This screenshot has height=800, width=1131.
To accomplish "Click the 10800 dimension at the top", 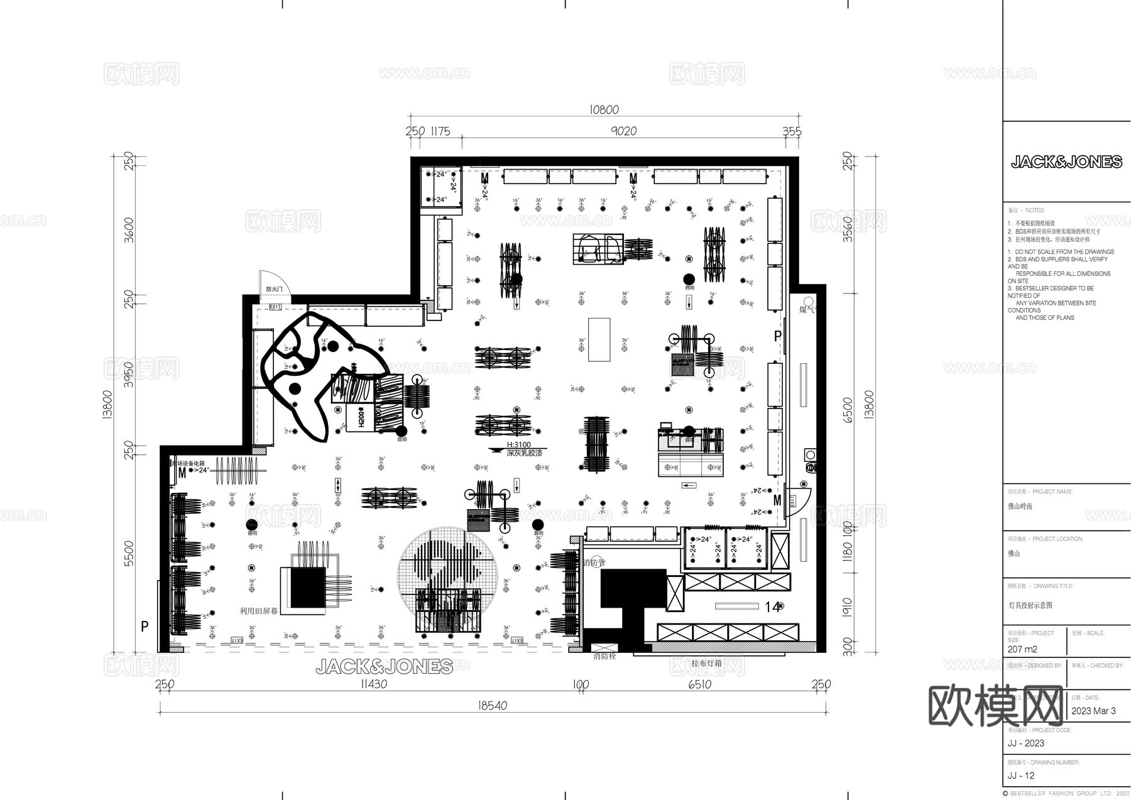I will point(604,110).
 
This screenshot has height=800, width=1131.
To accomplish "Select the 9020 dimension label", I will point(623,131).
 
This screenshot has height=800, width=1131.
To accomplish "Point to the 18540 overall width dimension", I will point(492,706).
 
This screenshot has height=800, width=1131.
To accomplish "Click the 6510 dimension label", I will point(699,684).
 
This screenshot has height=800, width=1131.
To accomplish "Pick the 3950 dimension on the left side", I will point(129,374).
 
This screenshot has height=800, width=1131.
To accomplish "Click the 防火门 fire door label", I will point(274,289).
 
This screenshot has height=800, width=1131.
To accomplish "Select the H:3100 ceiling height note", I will point(518,444).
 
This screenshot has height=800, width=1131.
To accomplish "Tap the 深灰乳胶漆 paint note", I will point(524,452).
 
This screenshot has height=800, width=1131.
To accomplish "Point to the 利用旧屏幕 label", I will point(260,610).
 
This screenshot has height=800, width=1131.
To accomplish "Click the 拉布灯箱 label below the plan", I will point(707,663).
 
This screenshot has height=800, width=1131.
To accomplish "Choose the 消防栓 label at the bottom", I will point(604,656).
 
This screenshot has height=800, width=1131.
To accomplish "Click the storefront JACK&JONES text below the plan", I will point(384,666).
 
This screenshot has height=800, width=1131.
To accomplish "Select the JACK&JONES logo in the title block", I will point(1066,162).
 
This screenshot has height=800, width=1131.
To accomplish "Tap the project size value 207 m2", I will point(1022,649).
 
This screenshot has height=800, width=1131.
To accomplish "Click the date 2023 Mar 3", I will point(1093,711).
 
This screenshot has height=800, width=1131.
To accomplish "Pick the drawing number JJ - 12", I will point(1021,775).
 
